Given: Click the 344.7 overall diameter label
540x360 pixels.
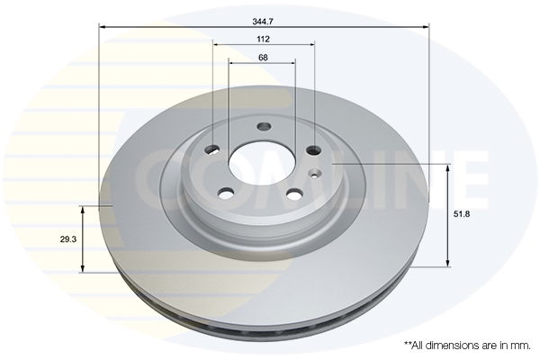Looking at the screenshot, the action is [x=263, y=22].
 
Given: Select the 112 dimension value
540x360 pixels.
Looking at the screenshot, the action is [x=263, y=40].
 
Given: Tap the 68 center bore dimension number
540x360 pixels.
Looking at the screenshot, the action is [x=263, y=58].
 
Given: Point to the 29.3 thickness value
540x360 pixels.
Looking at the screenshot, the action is [x=68, y=239].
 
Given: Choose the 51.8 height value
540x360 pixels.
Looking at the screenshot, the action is [x=462, y=214].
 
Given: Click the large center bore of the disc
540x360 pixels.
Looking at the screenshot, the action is [x=262, y=164].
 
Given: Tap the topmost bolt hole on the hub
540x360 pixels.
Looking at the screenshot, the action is [x=264, y=126].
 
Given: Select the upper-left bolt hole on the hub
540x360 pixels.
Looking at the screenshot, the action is [x=212, y=149].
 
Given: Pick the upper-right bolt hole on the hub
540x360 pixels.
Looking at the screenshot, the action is [x=314, y=150].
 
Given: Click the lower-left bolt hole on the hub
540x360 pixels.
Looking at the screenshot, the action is [x=226, y=193].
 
